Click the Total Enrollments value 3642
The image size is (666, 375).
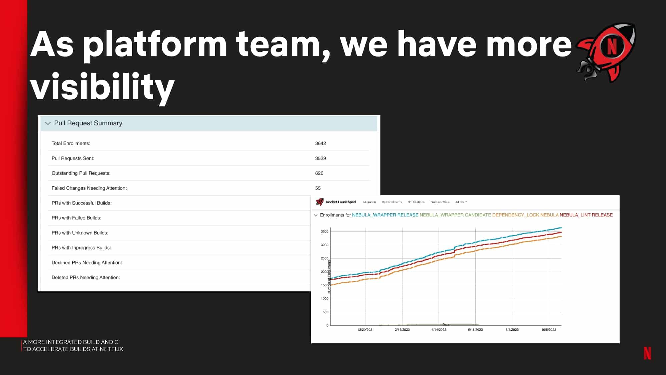pyautogui.click(x=320, y=143)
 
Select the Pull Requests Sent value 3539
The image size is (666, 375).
pyautogui.click(x=320, y=158)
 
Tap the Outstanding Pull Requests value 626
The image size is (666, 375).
pyautogui.click(x=319, y=173)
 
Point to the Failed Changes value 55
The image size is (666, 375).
pyautogui.click(x=318, y=188)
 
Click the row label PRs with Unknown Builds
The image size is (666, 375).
pyautogui.click(x=80, y=233)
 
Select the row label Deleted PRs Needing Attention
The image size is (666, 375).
pyautogui.click(x=86, y=278)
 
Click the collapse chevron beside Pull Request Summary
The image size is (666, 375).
pyautogui.click(x=48, y=123)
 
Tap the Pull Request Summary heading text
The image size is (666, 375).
pyautogui.click(x=88, y=123)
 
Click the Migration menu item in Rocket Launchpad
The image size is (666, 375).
pyautogui.click(x=369, y=202)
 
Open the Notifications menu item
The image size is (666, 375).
pyautogui.click(x=416, y=202)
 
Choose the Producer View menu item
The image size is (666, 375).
pyautogui.click(x=440, y=202)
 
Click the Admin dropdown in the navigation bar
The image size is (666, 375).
pyautogui.click(x=461, y=202)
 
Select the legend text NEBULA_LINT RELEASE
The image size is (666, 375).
pyautogui.click(x=586, y=215)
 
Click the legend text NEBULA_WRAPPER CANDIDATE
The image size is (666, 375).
pyautogui.click(x=455, y=215)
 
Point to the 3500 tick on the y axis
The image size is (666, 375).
pyautogui.click(x=324, y=231)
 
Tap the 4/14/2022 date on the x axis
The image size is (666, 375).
pyautogui.click(x=439, y=330)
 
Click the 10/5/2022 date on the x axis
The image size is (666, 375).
pyautogui.click(x=549, y=330)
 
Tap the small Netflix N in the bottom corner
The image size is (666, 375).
pyautogui.click(x=647, y=353)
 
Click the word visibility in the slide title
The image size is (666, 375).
pyautogui.click(x=102, y=87)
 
